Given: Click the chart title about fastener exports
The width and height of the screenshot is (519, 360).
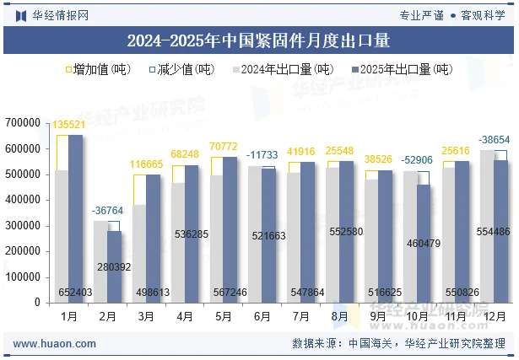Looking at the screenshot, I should tap(258, 40).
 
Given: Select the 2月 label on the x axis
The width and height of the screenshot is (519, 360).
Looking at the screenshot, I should tap(106, 316).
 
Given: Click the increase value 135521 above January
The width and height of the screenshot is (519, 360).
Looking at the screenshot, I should tap(69, 125).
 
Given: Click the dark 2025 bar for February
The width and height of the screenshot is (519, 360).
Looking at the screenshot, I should tap(114, 267).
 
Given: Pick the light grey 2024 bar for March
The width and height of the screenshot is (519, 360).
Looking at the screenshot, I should tap(138, 253).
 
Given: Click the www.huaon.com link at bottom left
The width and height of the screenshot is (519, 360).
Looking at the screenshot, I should tap(55, 344).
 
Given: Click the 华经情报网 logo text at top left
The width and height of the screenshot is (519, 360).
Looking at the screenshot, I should tap(58, 15).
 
